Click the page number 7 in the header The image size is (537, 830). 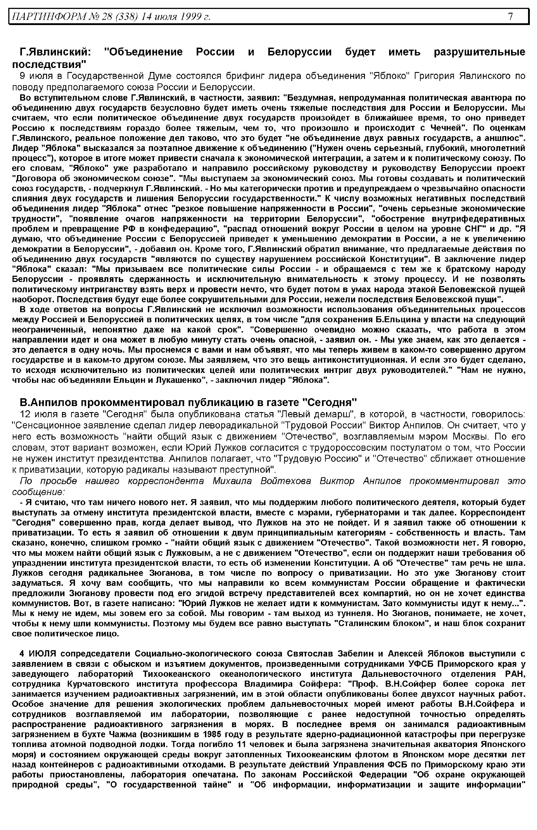tap(510, 16)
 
